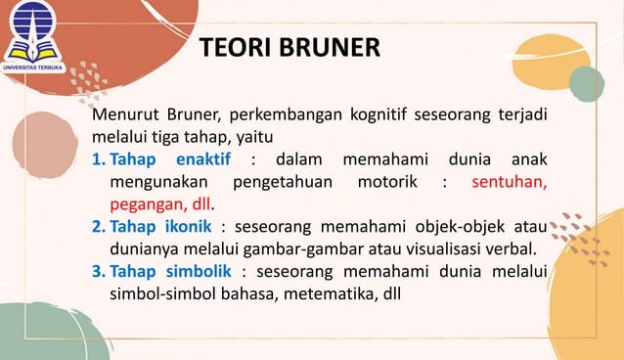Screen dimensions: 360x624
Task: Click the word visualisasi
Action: (430, 250)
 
